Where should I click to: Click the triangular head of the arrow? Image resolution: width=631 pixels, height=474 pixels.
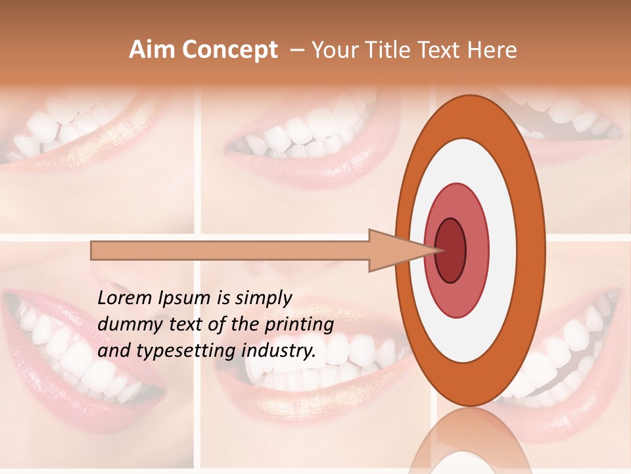394,250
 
